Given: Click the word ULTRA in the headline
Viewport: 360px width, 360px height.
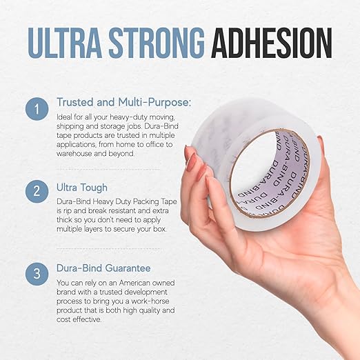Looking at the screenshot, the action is click(65, 43).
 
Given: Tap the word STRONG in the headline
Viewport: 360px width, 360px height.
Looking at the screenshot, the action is click(157, 43).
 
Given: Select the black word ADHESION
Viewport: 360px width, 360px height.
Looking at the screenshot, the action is click(272, 43).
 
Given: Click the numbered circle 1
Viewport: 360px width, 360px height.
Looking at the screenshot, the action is click(37, 109).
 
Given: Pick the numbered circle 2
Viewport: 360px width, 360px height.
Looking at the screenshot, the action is click(37, 191).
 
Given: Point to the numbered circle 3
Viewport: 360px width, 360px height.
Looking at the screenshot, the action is click(37, 274).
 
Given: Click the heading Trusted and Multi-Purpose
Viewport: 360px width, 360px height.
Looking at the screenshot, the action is click(123, 102).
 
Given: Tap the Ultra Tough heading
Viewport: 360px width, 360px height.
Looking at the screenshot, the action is click(82, 188).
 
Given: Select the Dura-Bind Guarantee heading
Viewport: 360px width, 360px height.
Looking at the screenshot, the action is click(103, 268).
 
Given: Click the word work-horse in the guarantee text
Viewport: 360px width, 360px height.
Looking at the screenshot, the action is click(150, 301).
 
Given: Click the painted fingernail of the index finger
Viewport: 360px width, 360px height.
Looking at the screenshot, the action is click(192, 161).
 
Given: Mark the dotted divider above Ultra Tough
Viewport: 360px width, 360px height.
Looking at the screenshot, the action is click(108, 170).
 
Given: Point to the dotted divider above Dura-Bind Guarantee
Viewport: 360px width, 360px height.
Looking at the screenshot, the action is click(108, 248).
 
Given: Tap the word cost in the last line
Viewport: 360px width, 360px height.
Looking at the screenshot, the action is click(63, 319).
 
